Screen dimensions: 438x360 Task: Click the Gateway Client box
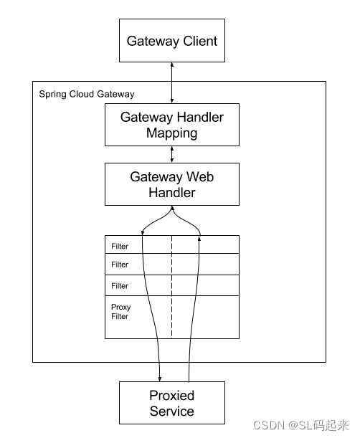pos(171,41)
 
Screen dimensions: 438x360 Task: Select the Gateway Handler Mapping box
pos(171,125)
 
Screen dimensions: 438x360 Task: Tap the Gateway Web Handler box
pos(171,184)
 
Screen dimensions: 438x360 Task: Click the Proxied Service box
pos(171,404)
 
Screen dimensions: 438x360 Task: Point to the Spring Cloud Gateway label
pos(86,94)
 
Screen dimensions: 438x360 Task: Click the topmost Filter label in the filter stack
pos(120,247)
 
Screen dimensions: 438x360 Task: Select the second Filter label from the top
pos(120,265)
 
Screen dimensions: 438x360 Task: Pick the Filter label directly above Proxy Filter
pos(120,286)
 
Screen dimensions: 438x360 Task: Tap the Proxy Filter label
pos(121,312)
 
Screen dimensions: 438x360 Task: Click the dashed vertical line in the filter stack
pos(171,287)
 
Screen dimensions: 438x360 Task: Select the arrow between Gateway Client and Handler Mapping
pos(171,82)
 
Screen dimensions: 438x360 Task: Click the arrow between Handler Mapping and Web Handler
pos(171,154)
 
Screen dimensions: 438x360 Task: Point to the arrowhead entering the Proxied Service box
pos(159,377)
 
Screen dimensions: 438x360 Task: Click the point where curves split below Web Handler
pos(171,209)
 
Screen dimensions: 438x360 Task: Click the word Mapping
pos(171,133)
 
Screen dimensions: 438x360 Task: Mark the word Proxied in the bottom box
pos(171,396)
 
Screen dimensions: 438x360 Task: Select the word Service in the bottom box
pos(171,411)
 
